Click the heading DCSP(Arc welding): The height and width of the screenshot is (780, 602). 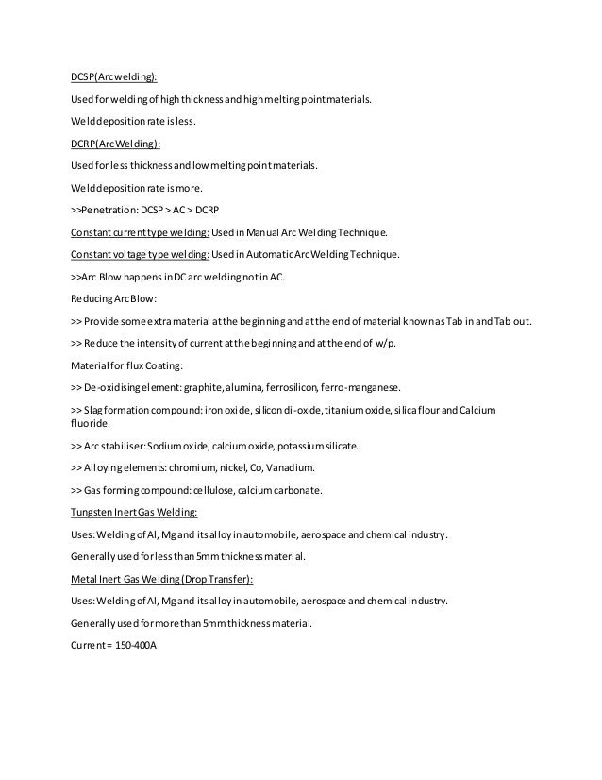(x=115, y=79)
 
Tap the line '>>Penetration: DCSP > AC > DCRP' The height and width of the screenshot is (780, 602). (x=148, y=208)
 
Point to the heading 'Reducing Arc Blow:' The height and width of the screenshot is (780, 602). (x=109, y=298)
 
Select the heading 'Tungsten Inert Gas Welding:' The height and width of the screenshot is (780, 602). (x=134, y=513)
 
